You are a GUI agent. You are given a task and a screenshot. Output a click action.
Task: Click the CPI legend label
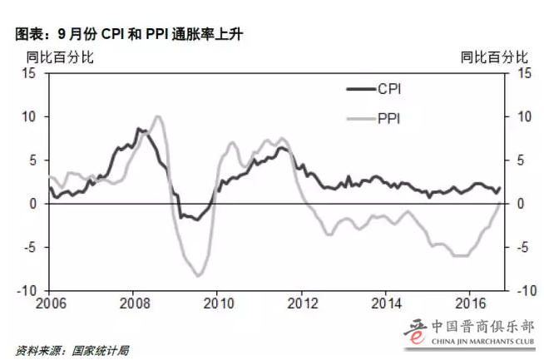(x=390, y=89)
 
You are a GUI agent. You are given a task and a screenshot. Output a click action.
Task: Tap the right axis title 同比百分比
(x=494, y=57)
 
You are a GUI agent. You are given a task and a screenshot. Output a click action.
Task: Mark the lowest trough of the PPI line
(x=198, y=275)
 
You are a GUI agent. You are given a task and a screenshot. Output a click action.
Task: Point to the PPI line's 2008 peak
(x=158, y=116)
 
